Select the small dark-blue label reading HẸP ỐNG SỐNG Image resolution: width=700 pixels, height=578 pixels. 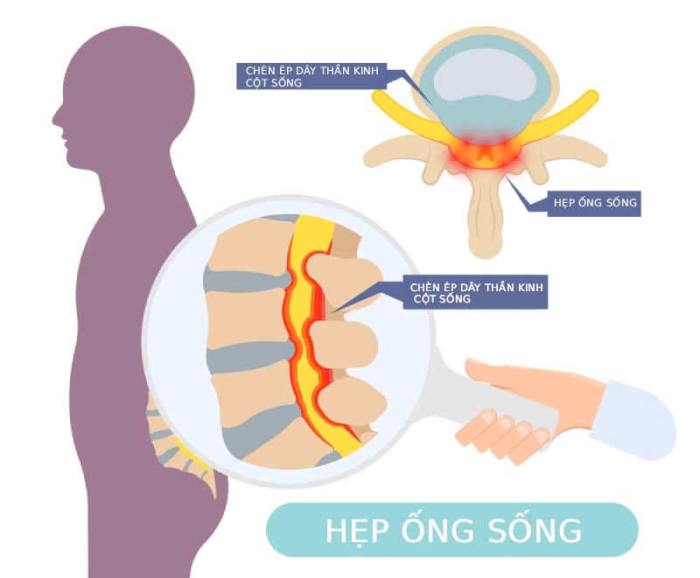pos(594,204)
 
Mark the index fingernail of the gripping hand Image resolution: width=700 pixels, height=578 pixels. pos(488,417)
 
